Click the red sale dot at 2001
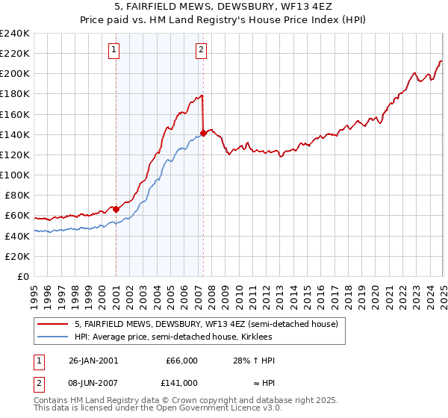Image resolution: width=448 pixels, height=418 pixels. click(x=116, y=209)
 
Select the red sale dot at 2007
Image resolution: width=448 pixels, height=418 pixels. click(x=203, y=134)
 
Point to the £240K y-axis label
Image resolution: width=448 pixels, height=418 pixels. click(x=15, y=34)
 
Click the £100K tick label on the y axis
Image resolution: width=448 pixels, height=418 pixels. click(x=15, y=175)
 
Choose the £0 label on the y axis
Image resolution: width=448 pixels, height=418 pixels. click(x=23, y=276)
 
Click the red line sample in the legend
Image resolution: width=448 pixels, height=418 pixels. click(x=52, y=324)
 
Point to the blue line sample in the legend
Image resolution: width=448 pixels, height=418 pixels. click(x=52, y=337)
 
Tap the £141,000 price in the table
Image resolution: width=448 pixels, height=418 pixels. click(x=181, y=382)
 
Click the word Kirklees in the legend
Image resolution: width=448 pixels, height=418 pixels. click(x=265, y=337)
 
